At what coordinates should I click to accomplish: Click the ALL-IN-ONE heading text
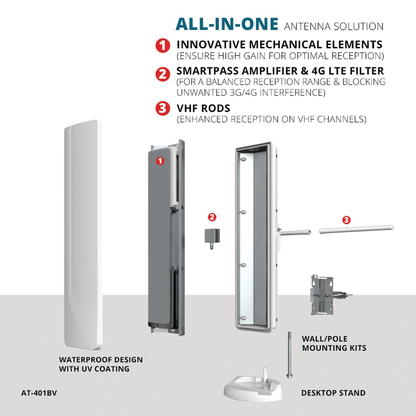pyautogui.click(x=227, y=24)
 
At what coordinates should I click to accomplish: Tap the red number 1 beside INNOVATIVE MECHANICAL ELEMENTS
pyautogui.click(x=163, y=45)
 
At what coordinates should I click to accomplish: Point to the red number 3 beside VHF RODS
pyautogui.click(x=163, y=108)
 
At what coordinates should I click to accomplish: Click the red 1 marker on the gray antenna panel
pyautogui.click(x=160, y=161)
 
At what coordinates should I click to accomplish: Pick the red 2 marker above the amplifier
pyautogui.click(x=212, y=217)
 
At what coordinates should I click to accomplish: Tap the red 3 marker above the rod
pyautogui.click(x=346, y=220)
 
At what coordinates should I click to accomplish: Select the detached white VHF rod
pyautogui.click(x=357, y=229)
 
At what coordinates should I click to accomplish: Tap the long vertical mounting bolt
pyautogui.click(x=289, y=354)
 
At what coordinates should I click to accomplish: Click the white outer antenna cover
pyautogui.click(x=83, y=234)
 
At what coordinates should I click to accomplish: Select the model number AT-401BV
pyautogui.click(x=39, y=393)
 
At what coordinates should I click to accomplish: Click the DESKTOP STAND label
pyautogui.click(x=333, y=393)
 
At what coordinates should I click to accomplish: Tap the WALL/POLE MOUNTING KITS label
pyautogui.click(x=334, y=343)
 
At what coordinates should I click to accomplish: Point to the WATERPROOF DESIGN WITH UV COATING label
pyautogui.click(x=101, y=364)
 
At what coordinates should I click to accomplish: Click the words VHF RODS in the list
pyautogui.click(x=203, y=108)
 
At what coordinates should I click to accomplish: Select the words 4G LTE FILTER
pyautogui.click(x=347, y=71)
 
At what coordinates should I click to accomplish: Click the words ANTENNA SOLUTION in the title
pyautogui.click(x=334, y=27)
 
